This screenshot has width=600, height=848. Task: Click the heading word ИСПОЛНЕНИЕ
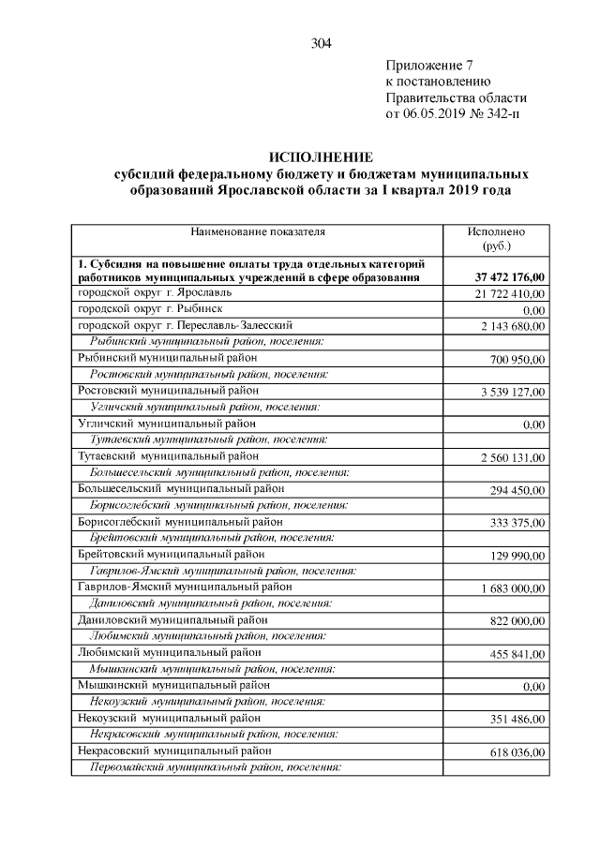click(x=321, y=156)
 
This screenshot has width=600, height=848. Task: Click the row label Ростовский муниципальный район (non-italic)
click(x=169, y=390)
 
